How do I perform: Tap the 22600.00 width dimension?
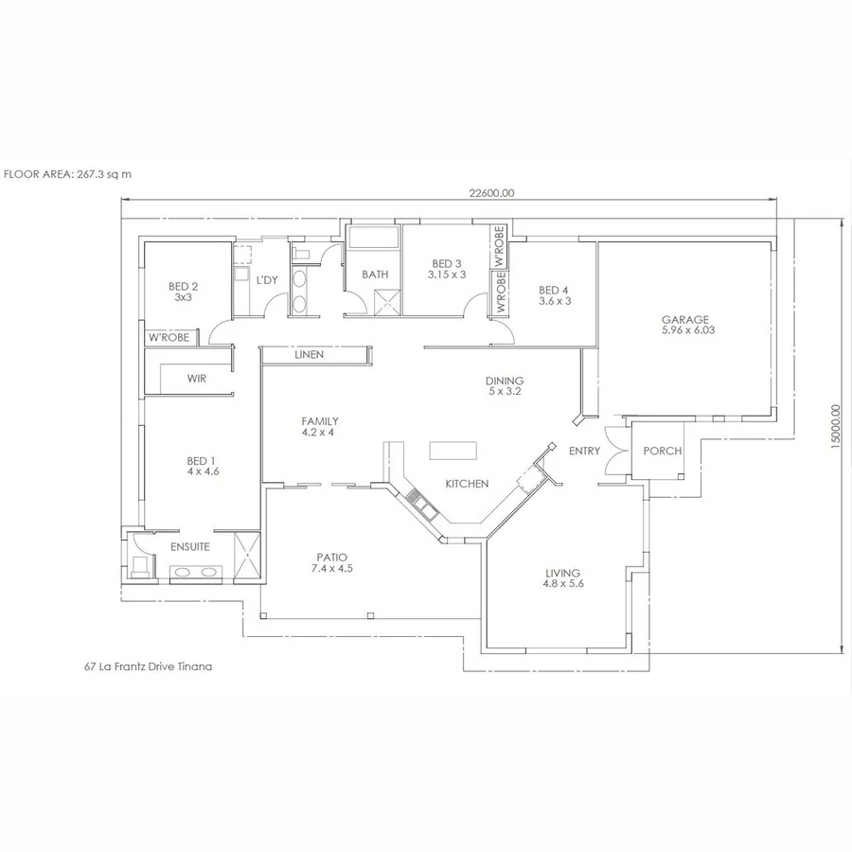[x=491, y=192]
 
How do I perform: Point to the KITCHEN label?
[x=467, y=484]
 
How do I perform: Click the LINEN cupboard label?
[x=309, y=355]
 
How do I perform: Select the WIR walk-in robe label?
[x=196, y=379]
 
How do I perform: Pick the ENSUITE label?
[x=189, y=547]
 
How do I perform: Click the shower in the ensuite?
[x=247, y=556]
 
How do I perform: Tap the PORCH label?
[x=662, y=451]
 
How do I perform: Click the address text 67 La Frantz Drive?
[x=148, y=666]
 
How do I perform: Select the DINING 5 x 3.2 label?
[x=505, y=384]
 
